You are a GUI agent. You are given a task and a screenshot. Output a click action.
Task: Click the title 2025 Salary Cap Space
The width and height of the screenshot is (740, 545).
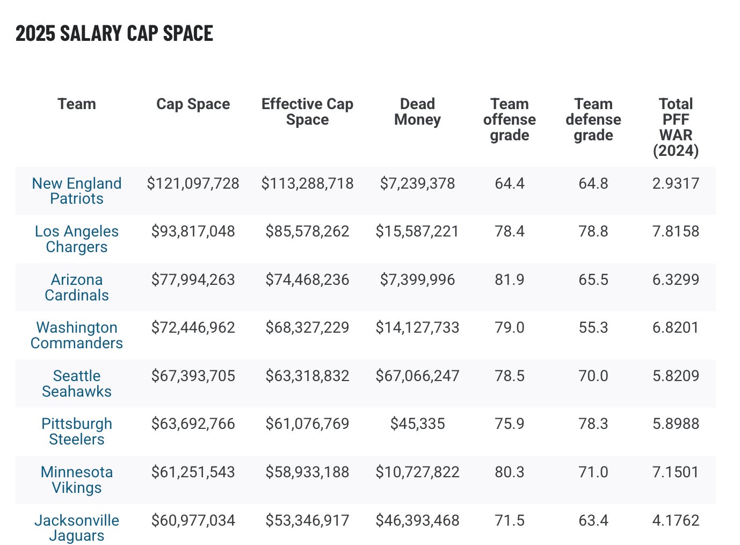(114, 33)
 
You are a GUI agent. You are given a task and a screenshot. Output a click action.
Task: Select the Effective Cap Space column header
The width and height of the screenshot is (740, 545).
(307, 112)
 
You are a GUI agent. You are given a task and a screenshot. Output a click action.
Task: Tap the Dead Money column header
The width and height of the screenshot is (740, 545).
(417, 112)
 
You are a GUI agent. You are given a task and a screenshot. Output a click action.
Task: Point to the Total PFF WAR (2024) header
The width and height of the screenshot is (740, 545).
(676, 127)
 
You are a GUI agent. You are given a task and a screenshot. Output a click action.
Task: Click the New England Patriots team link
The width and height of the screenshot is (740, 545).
(77, 191)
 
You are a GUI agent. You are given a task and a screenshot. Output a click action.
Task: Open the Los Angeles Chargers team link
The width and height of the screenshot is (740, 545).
(77, 239)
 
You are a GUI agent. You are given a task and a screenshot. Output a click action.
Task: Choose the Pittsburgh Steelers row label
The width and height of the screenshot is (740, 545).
(77, 432)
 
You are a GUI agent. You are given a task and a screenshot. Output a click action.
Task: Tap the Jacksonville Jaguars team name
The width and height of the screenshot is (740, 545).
(77, 528)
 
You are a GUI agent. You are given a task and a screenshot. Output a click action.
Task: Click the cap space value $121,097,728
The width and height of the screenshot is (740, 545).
(193, 184)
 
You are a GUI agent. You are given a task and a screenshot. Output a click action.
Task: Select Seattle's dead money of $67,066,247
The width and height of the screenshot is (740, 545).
(417, 376)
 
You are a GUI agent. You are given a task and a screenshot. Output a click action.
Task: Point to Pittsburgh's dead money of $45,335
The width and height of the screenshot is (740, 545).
(417, 424)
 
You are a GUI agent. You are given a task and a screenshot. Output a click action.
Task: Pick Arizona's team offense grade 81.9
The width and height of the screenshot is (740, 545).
(509, 280)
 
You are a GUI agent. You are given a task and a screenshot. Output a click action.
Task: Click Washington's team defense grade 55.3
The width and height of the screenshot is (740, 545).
(593, 328)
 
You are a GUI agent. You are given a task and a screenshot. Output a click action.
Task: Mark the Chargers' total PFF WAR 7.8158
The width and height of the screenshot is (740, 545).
(676, 232)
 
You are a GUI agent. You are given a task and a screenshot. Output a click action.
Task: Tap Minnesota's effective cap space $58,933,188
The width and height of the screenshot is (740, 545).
(307, 472)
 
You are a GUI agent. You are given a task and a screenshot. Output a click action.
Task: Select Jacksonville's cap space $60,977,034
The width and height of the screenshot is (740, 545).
(193, 520)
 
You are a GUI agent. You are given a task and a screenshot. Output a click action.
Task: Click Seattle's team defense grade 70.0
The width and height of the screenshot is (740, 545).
(593, 376)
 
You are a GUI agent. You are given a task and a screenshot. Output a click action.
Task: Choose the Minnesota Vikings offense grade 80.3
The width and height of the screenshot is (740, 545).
(509, 472)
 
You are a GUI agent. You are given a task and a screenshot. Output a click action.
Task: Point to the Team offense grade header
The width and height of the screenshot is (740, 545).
(509, 119)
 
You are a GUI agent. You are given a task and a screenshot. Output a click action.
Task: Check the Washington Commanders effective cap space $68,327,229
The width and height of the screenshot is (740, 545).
(307, 328)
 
